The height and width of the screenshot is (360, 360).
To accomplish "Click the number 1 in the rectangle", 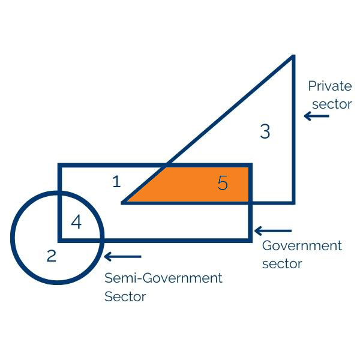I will [x=116, y=181].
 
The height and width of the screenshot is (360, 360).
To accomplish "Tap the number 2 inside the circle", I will [x=52, y=256].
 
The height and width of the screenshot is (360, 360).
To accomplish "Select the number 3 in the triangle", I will [x=265, y=131].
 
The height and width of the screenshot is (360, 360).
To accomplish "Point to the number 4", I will [x=76, y=222].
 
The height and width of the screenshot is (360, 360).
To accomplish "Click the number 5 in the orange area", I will [x=223, y=183].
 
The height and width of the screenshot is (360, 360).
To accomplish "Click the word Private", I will [x=329, y=86].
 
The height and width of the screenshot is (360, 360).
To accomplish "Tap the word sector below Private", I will [x=332, y=104].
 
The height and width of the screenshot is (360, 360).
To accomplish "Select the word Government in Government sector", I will [x=302, y=245].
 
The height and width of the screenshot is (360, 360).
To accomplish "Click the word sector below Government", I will [x=282, y=263].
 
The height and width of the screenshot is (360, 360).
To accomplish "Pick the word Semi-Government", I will [x=163, y=278].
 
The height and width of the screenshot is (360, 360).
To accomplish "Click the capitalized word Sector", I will [x=125, y=296].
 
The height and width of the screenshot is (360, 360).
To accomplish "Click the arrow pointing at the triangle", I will [x=317, y=116].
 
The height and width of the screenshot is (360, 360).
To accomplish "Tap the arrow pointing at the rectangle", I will [x=273, y=230].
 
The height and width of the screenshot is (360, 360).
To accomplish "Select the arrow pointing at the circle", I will [x=123, y=257].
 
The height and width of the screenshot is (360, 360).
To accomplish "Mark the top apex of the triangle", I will [x=293, y=56].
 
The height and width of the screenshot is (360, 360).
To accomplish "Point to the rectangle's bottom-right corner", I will [x=250, y=239].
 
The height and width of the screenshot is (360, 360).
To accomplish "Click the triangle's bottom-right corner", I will [x=293, y=202].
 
